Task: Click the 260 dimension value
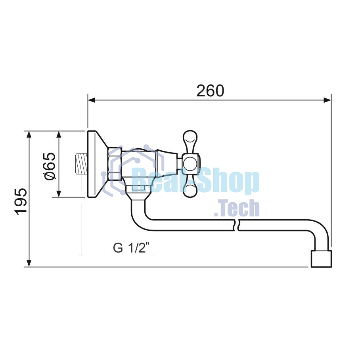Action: pyautogui.click(x=210, y=91)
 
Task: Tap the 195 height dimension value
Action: pyautogui.click(x=21, y=201)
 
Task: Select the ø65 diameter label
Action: pyautogui.click(x=50, y=166)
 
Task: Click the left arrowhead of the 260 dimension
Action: pyautogui.click(x=91, y=100)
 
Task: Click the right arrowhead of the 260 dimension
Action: pyautogui.click(x=327, y=100)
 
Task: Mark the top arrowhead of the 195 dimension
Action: pyautogui.click(x=29, y=134)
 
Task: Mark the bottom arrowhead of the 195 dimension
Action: pyautogui.click(x=29, y=263)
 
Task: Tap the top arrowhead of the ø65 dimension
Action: pyautogui.click(x=59, y=134)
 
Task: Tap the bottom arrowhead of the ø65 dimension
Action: pyautogui.click(x=59, y=193)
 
